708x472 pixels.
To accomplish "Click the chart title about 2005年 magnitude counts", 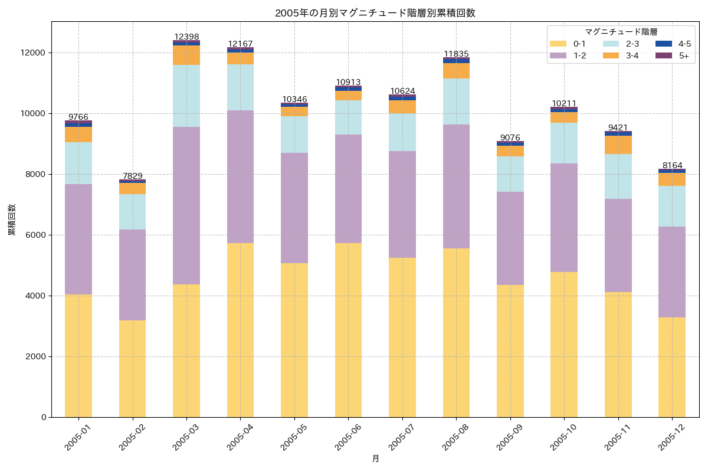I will point(375,13).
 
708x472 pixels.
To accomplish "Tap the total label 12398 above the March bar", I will point(186,37).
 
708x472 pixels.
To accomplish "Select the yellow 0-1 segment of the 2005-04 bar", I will point(240,330).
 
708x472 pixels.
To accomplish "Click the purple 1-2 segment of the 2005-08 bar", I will point(456,186).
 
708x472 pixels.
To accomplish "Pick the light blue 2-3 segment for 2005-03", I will point(186,96).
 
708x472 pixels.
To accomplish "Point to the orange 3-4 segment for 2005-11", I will point(618,145).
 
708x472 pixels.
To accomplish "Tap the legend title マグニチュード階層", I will point(621,32).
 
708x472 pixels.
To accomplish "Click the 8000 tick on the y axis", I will point(37,174).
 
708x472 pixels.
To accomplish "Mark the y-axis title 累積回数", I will point(12,220).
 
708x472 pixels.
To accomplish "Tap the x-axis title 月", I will point(375,458).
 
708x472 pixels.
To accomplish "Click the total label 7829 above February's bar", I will point(132,176).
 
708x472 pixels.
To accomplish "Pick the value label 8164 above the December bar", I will point(672,165).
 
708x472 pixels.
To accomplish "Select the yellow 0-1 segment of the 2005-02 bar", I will point(132,369).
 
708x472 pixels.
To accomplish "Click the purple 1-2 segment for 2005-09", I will point(510,238).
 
